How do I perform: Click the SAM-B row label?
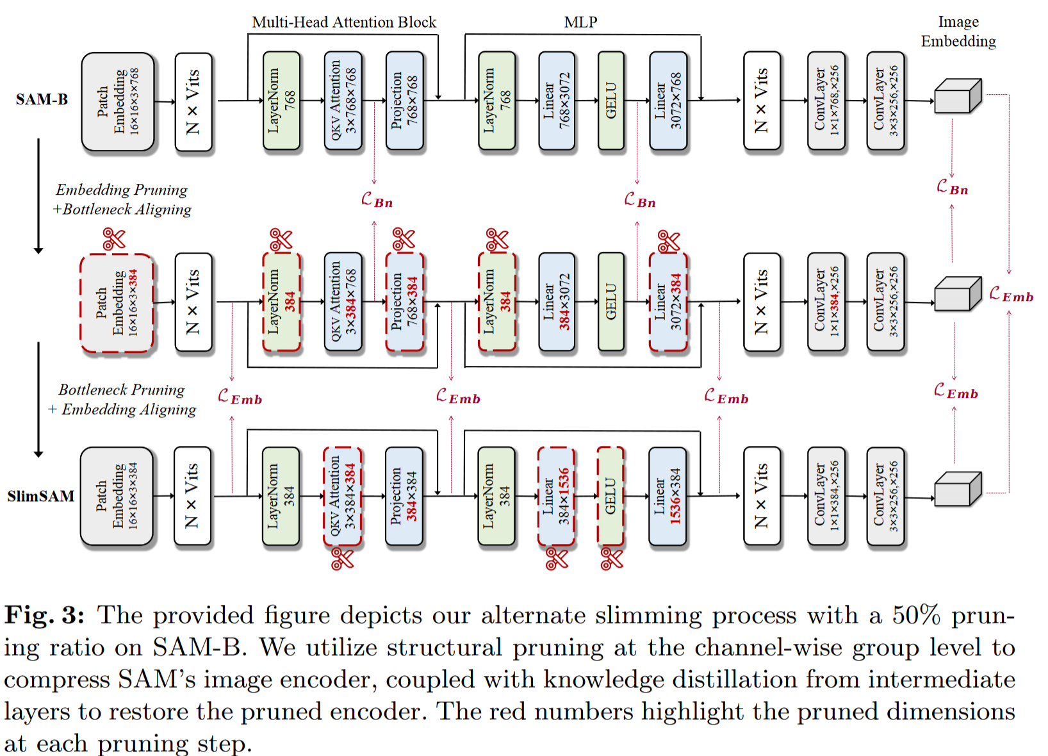point(42,100)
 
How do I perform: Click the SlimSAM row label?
point(41,497)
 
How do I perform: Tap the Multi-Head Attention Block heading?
point(344,22)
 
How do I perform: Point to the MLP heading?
point(580,22)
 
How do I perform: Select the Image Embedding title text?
point(958,31)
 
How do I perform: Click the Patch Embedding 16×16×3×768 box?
point(118,101)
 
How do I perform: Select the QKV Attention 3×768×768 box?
point(343,101)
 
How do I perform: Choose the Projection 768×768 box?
point(405,101)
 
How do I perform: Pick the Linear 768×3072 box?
point(557,101)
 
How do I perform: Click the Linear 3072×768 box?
point(668,101)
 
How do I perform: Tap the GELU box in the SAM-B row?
point(611,101)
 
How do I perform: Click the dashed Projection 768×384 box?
point(405,302)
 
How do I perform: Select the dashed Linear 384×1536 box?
point(556,497)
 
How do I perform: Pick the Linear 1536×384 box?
point(667,497)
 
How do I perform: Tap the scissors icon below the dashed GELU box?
point(612,559)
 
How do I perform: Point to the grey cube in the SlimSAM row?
point(958,489)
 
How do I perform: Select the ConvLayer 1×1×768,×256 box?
point(826,101)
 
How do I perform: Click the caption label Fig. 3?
point(44,616)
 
